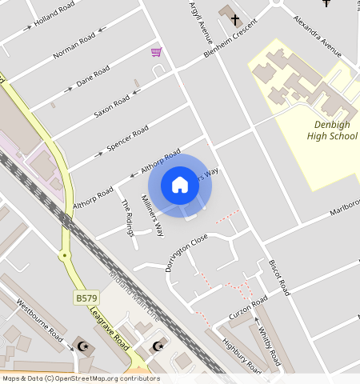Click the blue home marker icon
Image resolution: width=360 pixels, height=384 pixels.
pyautogui.click(x=180, y=185)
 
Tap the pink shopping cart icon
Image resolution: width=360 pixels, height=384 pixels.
pyautogui.click(x=156, y=52)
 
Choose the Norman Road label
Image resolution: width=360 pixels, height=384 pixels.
pyautogui.click(x=74, y=46)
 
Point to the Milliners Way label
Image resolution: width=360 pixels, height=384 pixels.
pyautogui.click(x=152, y=215)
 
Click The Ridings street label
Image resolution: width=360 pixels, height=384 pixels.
pyautogui.click(x=127, y=217)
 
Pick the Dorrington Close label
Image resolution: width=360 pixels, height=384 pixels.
pyautogui.click(x=186, y=252)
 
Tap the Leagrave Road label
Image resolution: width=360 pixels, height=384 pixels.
pyautogui.click(x=110, y=330)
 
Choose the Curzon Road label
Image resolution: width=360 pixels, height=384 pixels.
pyautogui.click(x=247, y=307)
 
